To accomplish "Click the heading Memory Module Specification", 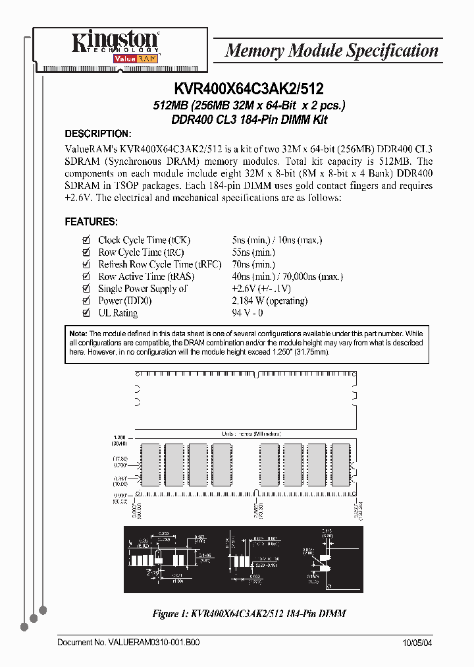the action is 331,51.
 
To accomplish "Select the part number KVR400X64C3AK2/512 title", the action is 248,88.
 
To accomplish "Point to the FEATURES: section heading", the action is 91,222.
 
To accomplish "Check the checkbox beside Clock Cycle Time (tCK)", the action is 86,241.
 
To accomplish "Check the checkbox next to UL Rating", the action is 86,313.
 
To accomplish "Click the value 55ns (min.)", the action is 253,252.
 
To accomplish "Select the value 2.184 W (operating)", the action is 270,301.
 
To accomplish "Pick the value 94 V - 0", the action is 248,313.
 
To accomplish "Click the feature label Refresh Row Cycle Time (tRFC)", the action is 155,264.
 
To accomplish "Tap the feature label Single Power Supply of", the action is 143,289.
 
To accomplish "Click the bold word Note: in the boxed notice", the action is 78,334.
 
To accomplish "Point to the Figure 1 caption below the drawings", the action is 250,614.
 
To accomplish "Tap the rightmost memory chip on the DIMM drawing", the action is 340,465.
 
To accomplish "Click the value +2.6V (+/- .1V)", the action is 261,289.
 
